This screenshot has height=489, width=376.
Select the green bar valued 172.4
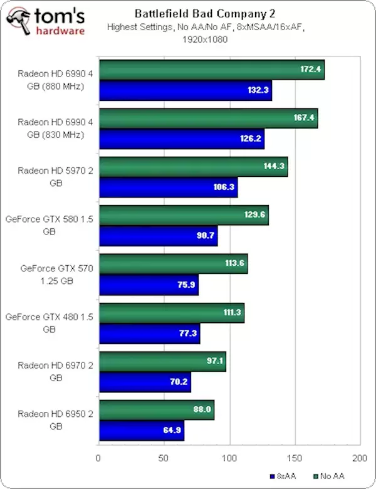(x=211, y=69)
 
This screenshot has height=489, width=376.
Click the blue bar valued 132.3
(x=185, y=90)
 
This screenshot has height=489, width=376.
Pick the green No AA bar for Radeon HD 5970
(x=193, y=167)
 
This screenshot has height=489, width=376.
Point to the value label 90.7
(x=204, y=236)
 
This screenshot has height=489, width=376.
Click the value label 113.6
(x=234, y=263)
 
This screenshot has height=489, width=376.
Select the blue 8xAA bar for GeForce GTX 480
(x=149, y=334)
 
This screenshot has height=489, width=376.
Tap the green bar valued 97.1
(x=162, y=361)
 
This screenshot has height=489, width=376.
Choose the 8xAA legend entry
(x=283, y=475)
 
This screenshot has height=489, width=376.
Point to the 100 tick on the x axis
(x=229, y=458)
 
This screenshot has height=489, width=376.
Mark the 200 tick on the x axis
(x=359, y=458)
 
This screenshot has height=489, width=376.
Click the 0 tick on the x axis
(x=98, y=458)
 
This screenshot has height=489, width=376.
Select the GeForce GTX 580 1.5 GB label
(x=49, y=225)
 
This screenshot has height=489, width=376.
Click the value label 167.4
(x=305, y=117)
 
